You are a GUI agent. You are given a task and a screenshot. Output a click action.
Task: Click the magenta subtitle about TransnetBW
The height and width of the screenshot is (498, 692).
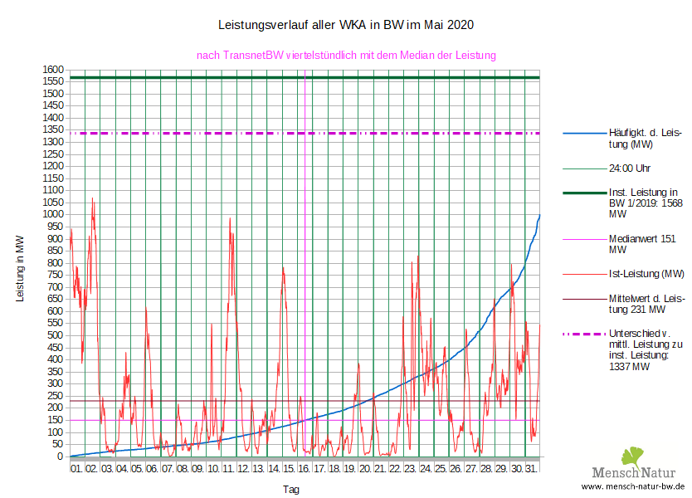point(345,56)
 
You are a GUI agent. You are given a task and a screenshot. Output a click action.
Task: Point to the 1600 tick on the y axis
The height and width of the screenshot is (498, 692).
point(54,70)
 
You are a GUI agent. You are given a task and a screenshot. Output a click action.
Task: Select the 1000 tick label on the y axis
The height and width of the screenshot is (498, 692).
point(54,214)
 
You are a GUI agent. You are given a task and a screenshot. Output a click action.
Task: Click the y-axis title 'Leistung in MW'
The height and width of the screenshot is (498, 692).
point(20,267)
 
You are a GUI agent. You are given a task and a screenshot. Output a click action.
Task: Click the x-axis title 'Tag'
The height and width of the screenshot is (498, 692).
point(290,490)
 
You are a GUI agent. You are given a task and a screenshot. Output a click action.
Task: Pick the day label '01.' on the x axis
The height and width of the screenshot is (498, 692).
point(76,469)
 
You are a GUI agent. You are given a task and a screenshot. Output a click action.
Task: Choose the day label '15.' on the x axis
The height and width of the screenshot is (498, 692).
point(289,469)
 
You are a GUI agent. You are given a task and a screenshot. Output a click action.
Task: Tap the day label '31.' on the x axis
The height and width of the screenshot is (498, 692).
point(531,469)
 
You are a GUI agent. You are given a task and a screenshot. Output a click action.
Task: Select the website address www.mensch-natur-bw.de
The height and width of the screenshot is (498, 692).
point(633,486)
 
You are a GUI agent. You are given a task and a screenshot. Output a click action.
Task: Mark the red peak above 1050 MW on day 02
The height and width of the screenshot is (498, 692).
point(92,199)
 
